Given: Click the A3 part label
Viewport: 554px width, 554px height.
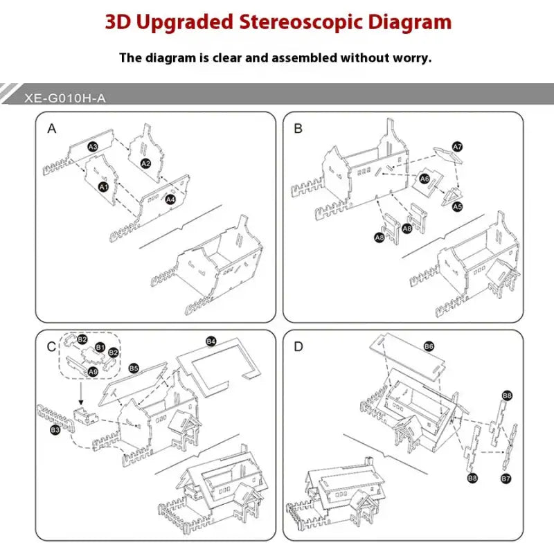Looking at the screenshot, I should pos(93,146).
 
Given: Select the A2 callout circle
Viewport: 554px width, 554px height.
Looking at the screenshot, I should pos(145,163).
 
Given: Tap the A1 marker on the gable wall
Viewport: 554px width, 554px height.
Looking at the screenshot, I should pos(103,187).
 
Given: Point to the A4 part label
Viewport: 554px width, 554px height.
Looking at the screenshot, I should pos(170,199).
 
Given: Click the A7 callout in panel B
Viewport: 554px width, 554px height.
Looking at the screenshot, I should pos(457,147).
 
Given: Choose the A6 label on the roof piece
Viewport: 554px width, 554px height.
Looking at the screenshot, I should pos(425,179).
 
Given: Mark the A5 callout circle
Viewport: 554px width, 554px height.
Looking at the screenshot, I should pos(457,206).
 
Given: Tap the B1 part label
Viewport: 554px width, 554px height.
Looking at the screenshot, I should pos(100,347).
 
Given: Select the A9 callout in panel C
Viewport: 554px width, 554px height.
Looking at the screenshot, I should pos(92,371).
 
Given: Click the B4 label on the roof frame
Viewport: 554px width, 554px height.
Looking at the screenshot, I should pos(211,341).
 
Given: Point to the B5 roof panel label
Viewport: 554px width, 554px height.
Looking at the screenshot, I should pos(134,368).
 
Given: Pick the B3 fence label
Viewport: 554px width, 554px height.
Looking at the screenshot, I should pos(55,430).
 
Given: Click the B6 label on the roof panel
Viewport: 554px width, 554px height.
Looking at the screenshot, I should pos(429,346).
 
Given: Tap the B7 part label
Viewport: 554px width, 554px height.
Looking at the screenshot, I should pos(506,478).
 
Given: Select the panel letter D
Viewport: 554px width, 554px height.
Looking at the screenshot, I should pos(298,346).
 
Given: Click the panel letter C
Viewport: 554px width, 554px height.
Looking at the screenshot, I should pos(51,346).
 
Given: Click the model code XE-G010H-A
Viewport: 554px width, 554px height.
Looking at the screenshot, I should pos(64,98).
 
